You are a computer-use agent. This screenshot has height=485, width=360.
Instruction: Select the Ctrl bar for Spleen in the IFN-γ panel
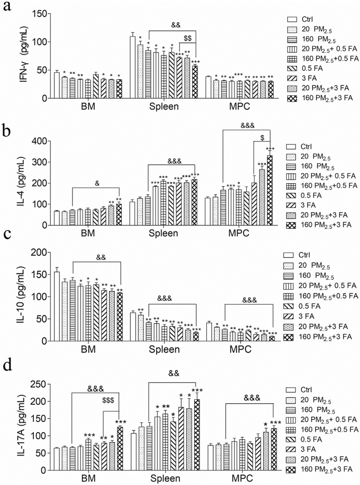click(133, 67)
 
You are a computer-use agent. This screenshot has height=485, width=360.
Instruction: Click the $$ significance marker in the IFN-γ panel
click(189, 37)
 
